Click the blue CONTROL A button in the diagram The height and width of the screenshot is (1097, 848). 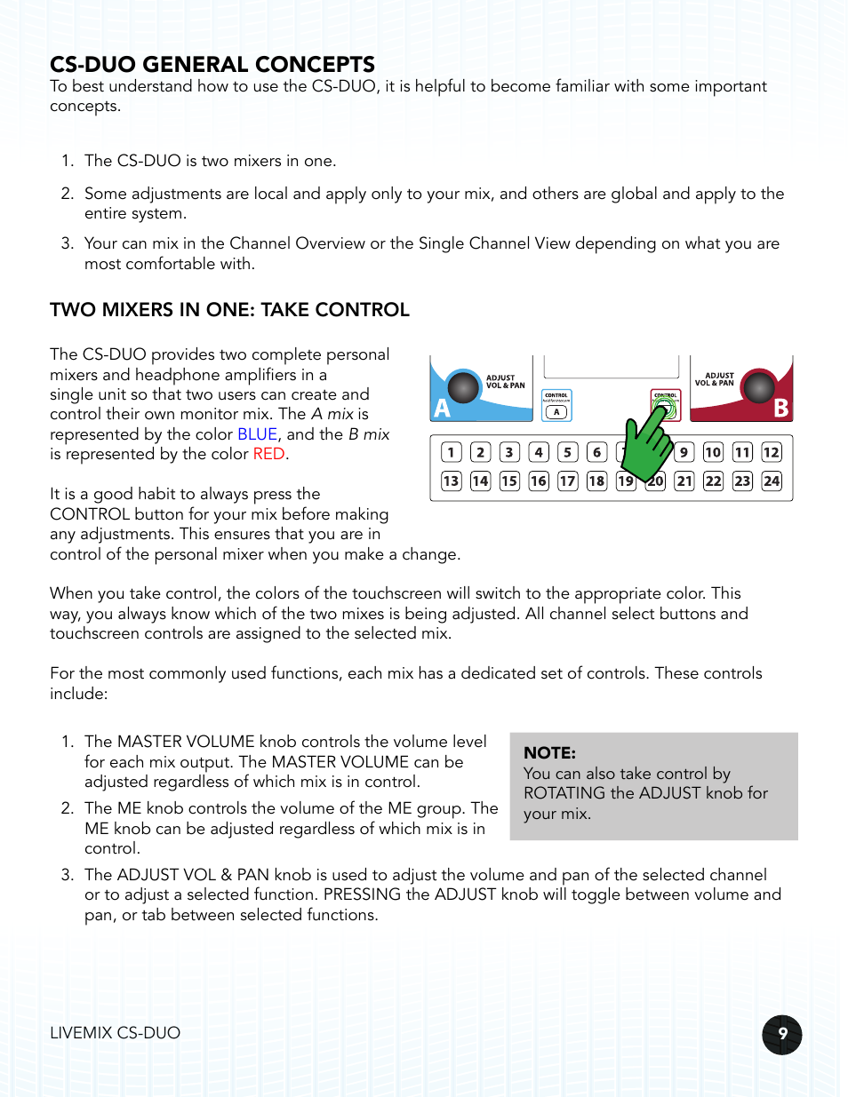pyautogui.click(x=556, y=405)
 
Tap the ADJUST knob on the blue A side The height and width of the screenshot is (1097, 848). pyautogui.click(x=463, y=387)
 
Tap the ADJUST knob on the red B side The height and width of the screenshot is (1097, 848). pyautogui.click(x=758, y=387)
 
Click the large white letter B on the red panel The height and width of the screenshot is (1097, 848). pyautogui.click(x=780, y=408)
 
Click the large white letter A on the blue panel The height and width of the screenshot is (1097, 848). pyautogui.click(x=442, y=409)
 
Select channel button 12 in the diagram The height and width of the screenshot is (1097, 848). pyautogui.click(x=771, y=452)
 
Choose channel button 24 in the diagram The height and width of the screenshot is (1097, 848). pyautogui.click(x=771, y=481)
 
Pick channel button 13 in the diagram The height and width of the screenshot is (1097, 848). pyautogui.click(x=452, y=481)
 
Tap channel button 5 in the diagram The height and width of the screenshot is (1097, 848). pyautogui.click(x=568, y=452)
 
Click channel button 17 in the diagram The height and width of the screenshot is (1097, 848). pyautogui.click(x=568, y=481)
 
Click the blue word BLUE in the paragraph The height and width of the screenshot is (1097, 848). pyautogui.click(x=257, y=434)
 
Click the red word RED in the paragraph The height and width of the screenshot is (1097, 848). pyautogui.click(x=268, y=454)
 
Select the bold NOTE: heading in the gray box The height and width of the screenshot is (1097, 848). pyautogui.click(x=549, y=752)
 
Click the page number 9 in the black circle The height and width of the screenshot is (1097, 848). pyautogui.click(x=782, y=1034)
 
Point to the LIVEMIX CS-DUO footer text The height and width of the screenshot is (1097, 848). pyautogui.click(x=115, y=1033)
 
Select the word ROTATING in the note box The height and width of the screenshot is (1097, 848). pyautogui.click(x=564, y=793)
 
